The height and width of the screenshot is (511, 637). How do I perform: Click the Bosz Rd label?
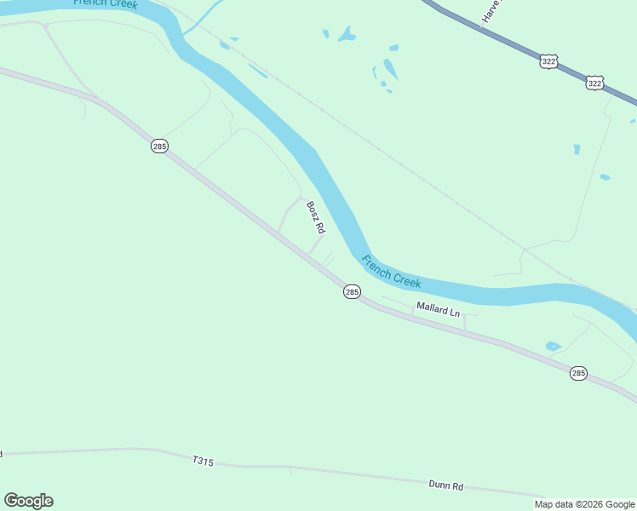click(316, 217)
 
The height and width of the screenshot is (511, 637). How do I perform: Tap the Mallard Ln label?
click(438, 309)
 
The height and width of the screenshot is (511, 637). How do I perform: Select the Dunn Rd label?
click(445, 486)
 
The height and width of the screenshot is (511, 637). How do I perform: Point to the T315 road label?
click(203, 461)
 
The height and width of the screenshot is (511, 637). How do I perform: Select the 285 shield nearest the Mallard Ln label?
click(353, 292)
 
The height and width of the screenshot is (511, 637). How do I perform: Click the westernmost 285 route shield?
click(159, 146)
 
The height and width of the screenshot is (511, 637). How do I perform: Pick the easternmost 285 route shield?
click(578, 373)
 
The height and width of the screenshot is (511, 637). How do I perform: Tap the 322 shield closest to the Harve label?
click(548, 61)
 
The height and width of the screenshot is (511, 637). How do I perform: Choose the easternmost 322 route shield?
click(595, 83)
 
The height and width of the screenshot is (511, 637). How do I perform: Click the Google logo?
click(28, 501)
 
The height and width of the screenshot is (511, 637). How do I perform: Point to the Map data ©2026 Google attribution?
click(584, 504)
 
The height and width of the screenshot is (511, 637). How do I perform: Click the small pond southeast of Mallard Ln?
click(554, 346)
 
